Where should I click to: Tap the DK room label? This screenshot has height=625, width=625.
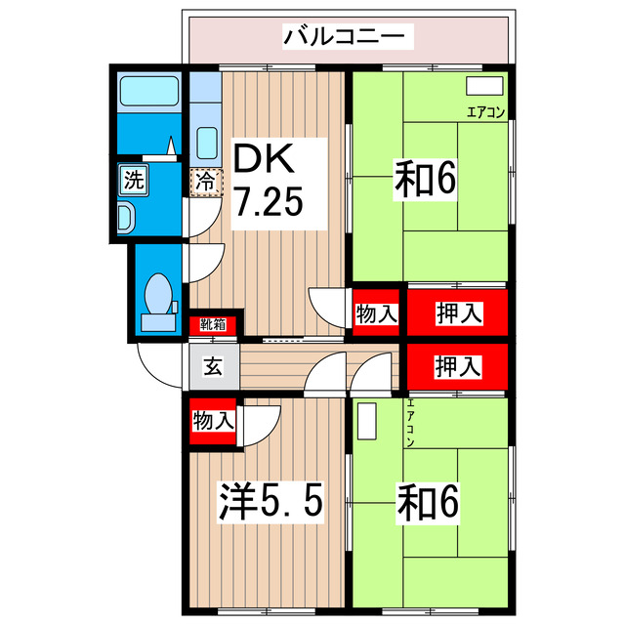coord(262,157)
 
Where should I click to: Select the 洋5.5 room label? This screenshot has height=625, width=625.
coord(269,502)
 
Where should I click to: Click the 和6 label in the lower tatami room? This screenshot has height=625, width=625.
coord(427,502)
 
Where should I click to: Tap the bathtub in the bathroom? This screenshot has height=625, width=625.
coord(146,94)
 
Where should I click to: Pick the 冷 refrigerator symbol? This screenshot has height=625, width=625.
coord(206,181)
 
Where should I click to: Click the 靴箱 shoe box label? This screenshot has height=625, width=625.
coord(213,324)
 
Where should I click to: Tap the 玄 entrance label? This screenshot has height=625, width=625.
coord(212,367)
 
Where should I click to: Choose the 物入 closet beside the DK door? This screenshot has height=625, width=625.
coord(376,313)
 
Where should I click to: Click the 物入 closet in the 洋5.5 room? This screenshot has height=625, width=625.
coord(213,421)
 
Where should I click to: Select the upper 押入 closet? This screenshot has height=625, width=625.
coord(458,313)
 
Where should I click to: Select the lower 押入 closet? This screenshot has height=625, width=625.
coord(458,366)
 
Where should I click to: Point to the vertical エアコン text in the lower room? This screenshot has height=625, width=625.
coord(411,423)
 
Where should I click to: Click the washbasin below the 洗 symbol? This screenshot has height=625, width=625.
coord(127,216)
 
